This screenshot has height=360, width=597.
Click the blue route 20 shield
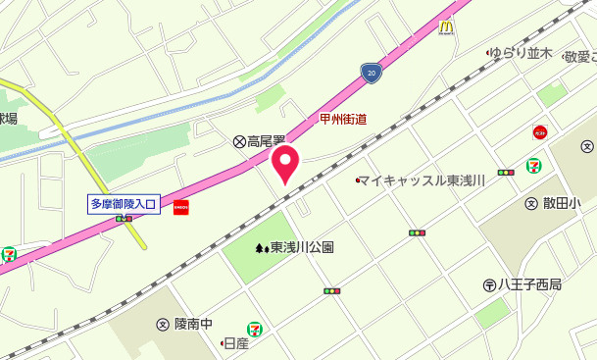coord(370,72)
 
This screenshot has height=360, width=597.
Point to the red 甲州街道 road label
coord(343,120)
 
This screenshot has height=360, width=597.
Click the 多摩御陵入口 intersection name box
coord(124,204)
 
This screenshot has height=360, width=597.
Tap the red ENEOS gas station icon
coord(180,207)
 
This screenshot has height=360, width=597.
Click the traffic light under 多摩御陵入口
coord(124,219)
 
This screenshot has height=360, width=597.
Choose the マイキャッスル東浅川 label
coord(423,180)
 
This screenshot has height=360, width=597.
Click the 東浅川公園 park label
coord(302,248)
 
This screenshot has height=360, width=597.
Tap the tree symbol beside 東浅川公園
coord(261,248)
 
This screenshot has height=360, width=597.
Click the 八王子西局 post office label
coord(529,284)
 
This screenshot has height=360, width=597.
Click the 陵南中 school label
coord(193,324)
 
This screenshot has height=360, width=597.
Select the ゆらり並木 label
coord(522,53)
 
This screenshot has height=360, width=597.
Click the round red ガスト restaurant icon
coord(539,131)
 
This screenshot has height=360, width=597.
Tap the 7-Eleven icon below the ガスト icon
coord(534,166)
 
